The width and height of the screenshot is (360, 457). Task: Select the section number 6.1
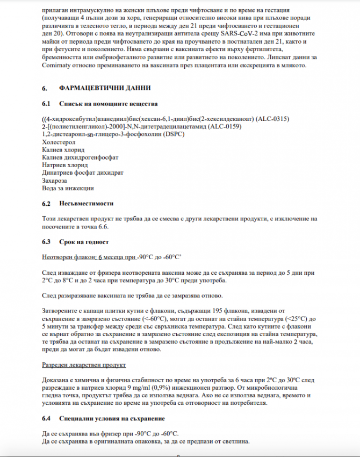pyautogui.click(x=46, y=103)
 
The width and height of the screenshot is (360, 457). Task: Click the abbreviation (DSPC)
pyautogui.click(x=173, y=134)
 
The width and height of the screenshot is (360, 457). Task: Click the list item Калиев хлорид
pyautogui.click(x=63, y=149)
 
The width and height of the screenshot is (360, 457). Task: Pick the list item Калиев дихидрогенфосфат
pyautogui.click(x=80, y=158)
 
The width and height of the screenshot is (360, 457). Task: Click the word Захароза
pyautogui.click(x=56, y=181)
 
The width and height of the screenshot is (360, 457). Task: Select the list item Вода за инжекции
pyautogui.click(x=68, y=189)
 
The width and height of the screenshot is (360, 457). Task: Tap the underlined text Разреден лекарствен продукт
pyautogui.click(x=84, y=365)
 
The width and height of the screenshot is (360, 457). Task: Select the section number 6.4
pyautogui.click(x=46, y=418)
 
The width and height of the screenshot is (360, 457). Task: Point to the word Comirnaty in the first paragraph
pyautogui.click(x=60, y=66)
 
